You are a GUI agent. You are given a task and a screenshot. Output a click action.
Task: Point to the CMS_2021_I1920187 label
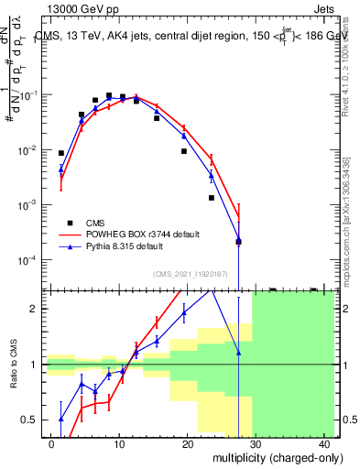pos(190,273)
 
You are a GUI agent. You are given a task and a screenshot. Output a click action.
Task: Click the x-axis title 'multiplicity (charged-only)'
pos(267,458)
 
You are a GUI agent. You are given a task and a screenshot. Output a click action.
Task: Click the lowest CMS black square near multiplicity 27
pos(238,242)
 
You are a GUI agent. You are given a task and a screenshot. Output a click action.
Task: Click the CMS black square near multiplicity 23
pos(211,198)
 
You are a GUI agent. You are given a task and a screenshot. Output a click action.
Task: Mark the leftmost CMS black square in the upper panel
pos(61,153)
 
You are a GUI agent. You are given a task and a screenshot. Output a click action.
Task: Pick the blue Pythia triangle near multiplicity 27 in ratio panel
pos(238,352)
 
